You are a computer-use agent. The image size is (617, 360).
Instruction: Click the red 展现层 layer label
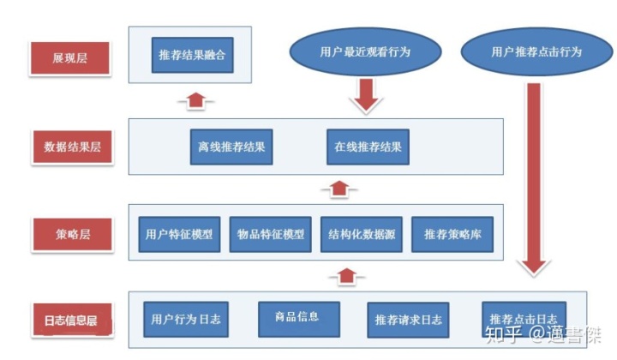pyautogui.click(x=70, y=58)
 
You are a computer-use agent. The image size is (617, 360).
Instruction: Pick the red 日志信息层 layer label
pyautogui.click(x=71, y=322)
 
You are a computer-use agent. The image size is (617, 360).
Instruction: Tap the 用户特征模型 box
pyautogui.click(x=179, y=233)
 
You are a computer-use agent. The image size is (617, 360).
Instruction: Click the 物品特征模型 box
pyautogui.click(x=270, y=233)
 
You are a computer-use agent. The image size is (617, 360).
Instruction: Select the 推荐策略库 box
pyautogui.click(x=452, y=233)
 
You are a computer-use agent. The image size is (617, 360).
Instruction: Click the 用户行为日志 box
pyautogui.click(x=184, y=319)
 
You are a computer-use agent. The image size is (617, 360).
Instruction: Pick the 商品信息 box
pyautogui.click(x=299, y=317)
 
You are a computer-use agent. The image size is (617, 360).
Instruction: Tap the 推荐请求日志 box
pyautogui.click(x=409, y=321)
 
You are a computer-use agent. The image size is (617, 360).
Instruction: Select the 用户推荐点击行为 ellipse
pyautogui.click(x=536, y=51)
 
